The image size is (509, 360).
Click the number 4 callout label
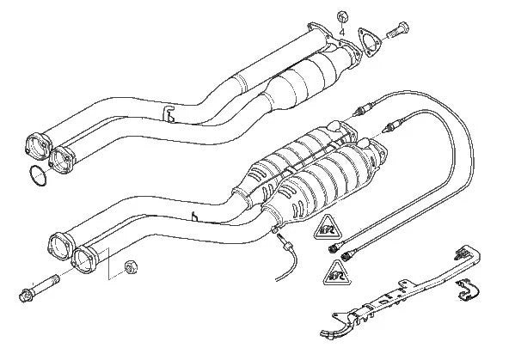tap(343, 32)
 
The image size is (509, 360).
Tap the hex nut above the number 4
tap(342, 15)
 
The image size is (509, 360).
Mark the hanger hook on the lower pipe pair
tap(199, 217)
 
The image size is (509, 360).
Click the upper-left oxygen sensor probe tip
tap(362, 111)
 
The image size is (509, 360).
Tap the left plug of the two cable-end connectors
tap(331, 248)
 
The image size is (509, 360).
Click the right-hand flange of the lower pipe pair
tap(89, 257)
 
